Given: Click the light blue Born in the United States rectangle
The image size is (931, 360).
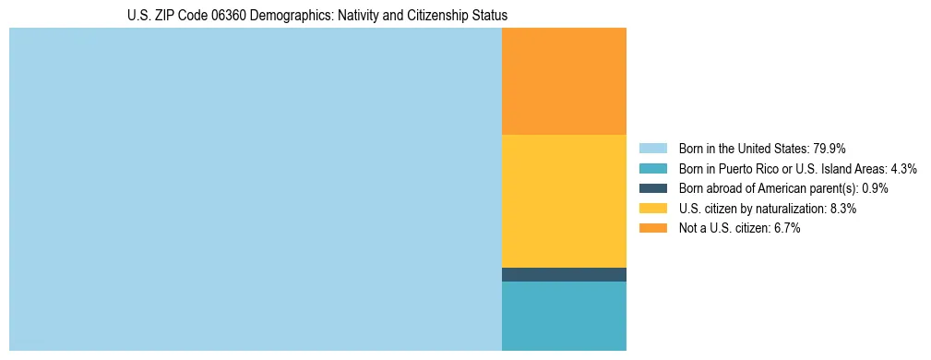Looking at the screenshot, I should point(255,189).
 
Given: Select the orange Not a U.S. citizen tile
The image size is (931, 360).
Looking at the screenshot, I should point(564,81).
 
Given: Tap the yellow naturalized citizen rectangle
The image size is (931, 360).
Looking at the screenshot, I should point(564,201).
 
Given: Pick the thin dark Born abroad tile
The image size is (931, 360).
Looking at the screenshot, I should point(564,274).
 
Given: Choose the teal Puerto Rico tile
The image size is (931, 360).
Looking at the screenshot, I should point(564,316).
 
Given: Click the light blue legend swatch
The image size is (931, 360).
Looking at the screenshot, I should point(653,149).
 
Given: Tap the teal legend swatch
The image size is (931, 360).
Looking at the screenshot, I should point(653,169).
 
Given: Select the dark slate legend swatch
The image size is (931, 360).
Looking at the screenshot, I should point(653,188).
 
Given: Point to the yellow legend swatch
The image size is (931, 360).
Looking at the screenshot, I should point(653,209).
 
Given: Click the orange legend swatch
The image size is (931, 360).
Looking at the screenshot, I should point(653,229).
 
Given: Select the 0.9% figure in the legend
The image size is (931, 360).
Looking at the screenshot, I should point(876,188).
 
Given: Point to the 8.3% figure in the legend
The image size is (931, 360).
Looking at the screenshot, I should point(843,209).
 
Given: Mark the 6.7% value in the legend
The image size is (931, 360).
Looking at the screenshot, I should point(786,229).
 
